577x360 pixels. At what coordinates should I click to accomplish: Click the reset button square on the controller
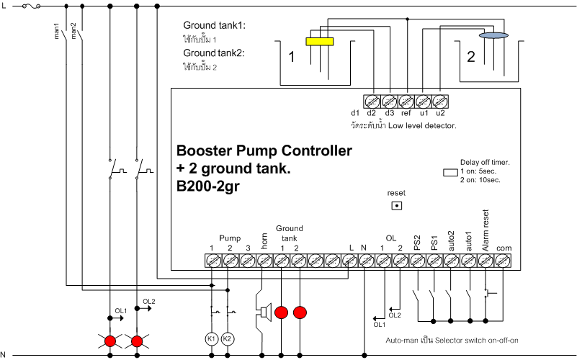click(395, 205)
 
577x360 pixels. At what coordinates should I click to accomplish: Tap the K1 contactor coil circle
click(212, 338)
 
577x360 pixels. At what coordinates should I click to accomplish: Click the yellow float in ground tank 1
click(318, 41)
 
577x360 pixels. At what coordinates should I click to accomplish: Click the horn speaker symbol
click(264, 312)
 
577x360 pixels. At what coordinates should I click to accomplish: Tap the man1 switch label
click(57, 32)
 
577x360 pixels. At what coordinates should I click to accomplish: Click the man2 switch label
click(73, 32)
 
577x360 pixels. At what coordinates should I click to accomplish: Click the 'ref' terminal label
click(405, 113)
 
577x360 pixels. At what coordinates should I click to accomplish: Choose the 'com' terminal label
click(504, 248)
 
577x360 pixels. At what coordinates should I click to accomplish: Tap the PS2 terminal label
click(417, 243)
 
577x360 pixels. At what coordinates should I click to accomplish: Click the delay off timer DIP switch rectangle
click(449, 173)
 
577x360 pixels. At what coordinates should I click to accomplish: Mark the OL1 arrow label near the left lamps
click(120, 310)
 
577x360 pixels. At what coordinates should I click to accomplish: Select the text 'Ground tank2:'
click(214, 53)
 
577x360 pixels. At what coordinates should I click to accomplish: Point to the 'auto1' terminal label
click(469, 240)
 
